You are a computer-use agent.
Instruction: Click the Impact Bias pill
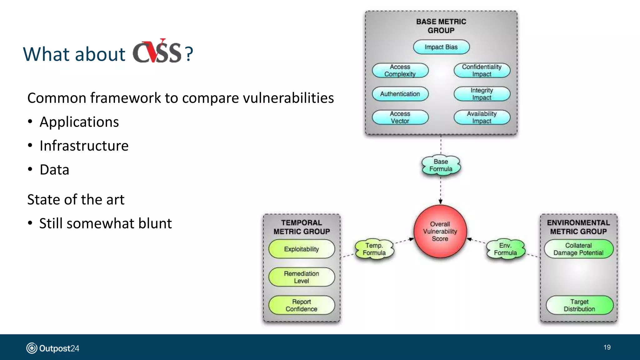click(441, 47)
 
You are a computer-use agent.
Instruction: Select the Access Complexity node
click(400, 70)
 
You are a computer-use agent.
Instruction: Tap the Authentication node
click(400, 94)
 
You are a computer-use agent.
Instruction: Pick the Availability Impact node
click(482, 117)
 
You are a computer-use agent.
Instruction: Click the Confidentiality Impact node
click(482, 70)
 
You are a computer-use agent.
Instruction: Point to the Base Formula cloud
click(441, 165)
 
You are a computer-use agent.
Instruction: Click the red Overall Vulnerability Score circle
click(440, 231)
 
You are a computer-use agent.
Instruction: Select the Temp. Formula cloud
click(374, 249)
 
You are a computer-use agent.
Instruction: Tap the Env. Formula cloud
click(505, 249)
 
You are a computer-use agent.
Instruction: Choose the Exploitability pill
click(301, 249)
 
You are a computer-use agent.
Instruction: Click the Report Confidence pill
click(301, 305)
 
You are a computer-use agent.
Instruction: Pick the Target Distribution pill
click(579, 305)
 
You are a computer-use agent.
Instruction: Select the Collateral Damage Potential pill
click(578, 249)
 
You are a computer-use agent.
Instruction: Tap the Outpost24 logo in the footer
click(52, 348)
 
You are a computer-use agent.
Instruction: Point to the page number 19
click(607, 347)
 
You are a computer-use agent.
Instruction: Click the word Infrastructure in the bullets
click(84, 146)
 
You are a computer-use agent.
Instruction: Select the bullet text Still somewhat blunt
click(105, 223)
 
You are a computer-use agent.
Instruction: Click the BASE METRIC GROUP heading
click(441, 26)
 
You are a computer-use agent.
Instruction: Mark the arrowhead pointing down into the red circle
click(440, 202)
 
